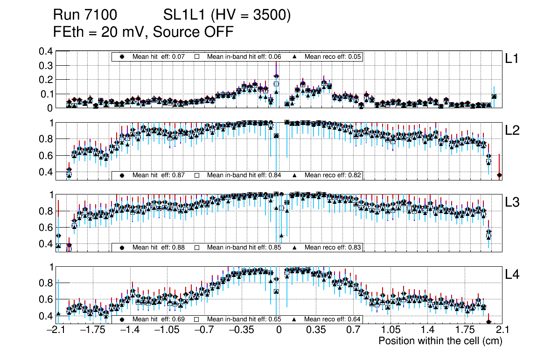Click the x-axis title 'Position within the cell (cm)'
click(440, 341)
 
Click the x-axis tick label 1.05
click(390, 330)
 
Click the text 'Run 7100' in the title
click(85, 15)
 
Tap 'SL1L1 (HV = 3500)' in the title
click(227, 15)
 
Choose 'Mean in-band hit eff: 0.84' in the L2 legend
click(244, 175)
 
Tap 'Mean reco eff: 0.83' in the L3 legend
click(333, 247)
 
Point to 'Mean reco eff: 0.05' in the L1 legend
click(333, 57)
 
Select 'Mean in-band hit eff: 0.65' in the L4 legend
click(244, 319)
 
